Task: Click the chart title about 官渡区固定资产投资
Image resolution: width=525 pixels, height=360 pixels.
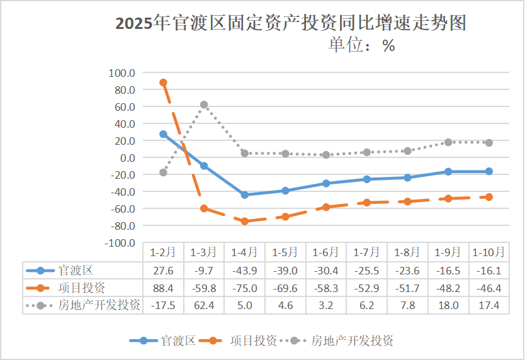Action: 291,23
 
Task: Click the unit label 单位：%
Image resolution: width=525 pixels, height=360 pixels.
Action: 362,45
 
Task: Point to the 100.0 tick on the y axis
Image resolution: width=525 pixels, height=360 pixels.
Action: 122,72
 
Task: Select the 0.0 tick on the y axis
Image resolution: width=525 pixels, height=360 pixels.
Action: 126,157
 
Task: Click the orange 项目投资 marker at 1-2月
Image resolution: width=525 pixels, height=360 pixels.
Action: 163,82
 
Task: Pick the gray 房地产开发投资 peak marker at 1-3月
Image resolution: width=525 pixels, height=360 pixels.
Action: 204,104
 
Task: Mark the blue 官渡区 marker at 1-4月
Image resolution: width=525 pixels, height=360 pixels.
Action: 244,194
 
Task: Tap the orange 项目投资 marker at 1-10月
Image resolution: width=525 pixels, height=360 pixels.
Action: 489,197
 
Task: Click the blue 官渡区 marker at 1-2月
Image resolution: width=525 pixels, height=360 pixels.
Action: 163,134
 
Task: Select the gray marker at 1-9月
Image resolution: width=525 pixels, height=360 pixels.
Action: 448,142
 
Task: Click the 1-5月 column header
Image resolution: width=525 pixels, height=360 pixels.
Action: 285,252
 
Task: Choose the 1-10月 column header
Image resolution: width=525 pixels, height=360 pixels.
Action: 488,252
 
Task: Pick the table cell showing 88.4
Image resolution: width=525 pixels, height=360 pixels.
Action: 163,288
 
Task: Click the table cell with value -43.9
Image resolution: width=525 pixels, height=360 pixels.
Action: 244,271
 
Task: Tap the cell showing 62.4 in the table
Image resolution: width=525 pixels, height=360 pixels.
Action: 204,305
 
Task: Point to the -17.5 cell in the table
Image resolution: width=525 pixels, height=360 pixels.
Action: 163,305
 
